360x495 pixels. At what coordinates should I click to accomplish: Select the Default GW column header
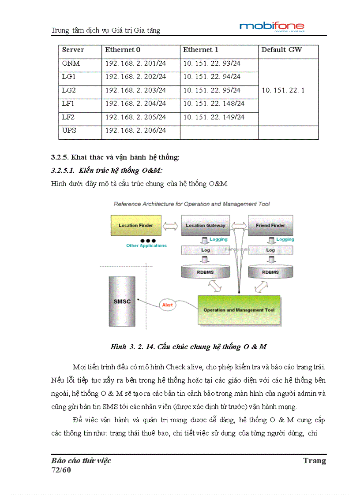coord(281,50)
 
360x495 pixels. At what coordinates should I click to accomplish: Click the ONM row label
coord(71,63)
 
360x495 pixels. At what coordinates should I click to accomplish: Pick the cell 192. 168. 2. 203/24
coord(135,90)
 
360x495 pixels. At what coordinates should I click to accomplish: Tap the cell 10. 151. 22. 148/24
coord(214,104)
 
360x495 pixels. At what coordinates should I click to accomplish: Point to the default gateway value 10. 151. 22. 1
coord(283,90)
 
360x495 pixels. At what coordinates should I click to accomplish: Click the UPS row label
coord(69,131)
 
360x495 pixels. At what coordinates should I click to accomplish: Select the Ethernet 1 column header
coord(201,50)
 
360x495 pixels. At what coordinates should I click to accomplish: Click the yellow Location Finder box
coord(136,225)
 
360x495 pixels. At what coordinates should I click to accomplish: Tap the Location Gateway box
coord(205,225)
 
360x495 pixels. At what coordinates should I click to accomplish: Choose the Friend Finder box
coord(270,225)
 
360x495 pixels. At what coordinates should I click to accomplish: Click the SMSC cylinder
coord(122,302)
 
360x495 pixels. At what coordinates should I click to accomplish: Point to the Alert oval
coord(168,305)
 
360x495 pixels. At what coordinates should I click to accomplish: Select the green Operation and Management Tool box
coord(239,310)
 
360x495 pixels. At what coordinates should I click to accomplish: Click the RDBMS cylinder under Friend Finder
coord(270,272)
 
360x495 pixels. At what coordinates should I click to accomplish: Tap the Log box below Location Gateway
coord(205,250)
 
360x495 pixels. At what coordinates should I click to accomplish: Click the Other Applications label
coord(146,246)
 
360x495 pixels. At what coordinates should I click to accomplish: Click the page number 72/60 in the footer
coord(61,470)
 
